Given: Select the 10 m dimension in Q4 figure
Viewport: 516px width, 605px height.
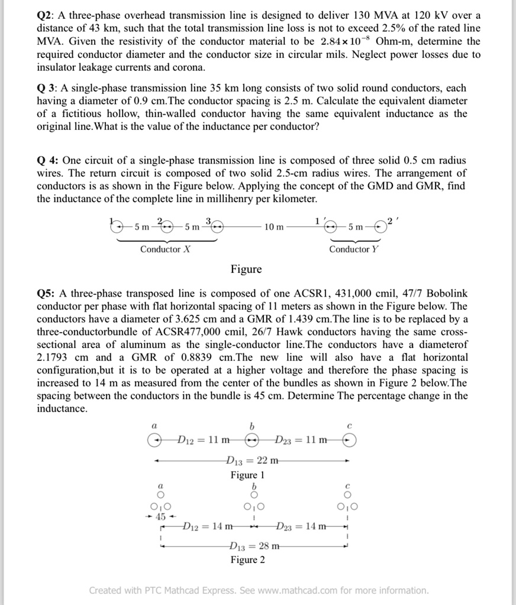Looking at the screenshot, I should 273,227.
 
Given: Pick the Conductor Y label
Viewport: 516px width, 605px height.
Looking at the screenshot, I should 354,249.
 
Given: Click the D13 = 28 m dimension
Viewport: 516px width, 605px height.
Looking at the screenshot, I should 251,547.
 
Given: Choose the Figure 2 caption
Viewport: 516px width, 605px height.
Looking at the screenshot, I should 247,560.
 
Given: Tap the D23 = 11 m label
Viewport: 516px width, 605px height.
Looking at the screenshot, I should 300,440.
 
